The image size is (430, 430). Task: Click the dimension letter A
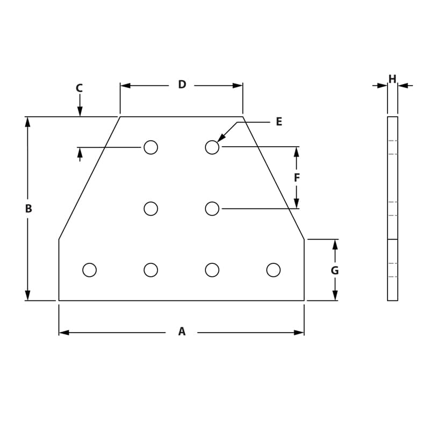(182, 332)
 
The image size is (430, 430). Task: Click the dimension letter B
(28, 209)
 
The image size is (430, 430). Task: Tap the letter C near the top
(79, 88)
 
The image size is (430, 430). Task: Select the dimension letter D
(182, 84)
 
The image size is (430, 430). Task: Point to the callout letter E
(278, 121)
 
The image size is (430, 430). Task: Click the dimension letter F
(297, 177)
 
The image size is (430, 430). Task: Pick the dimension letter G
(334, 270)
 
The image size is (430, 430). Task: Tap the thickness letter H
(392, 80)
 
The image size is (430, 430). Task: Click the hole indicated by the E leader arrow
(212, 147)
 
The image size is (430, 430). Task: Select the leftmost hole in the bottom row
(90, 270)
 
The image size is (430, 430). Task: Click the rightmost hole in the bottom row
(274, 270)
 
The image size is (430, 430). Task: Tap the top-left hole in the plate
(151, 147)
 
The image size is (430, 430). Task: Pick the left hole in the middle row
(151, 209)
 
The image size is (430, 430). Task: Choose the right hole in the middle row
(212, 209)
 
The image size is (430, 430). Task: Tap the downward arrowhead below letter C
(80, 111)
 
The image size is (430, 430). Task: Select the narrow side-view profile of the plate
(392, 209)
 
